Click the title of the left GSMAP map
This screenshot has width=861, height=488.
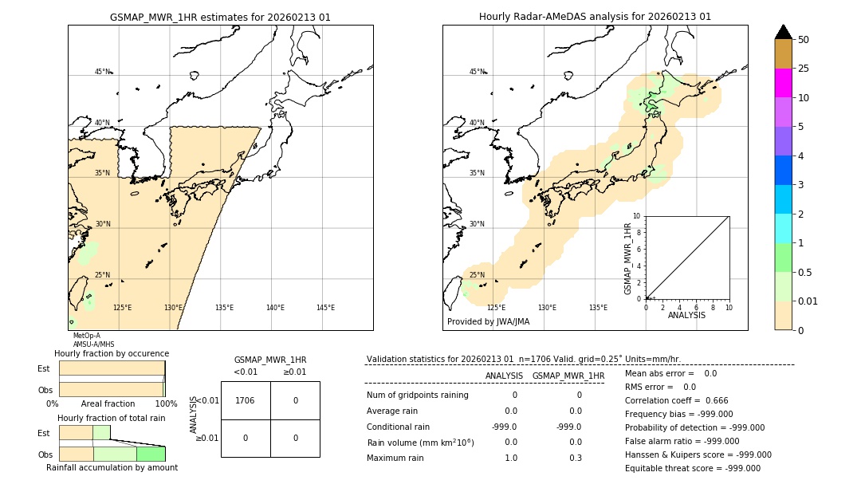pyautogui.click(x=220, y=17)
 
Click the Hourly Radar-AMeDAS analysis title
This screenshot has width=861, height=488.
pyautogui.click(x=595, y=17)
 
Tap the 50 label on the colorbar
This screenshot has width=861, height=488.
pyautogui.click(x=804, y=40)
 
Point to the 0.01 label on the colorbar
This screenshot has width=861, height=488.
pyautogui.click(x=808, y=301)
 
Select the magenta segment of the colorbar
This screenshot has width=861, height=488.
pyautogui.click(x=783, y=83)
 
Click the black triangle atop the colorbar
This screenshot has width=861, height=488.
pyautogui.click(x=783, y=32)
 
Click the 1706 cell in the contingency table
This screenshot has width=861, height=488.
pyautogui.click(x=246, y=400)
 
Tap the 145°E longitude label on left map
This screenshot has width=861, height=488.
pyautogui.click(x=325, y=308)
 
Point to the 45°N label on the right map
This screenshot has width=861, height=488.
pyautogui.click(x=476, y=72)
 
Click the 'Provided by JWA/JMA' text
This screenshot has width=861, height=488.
pyautogui.click(x=488, y=322)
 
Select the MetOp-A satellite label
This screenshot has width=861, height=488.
pyautogui.click(x=87, y=336)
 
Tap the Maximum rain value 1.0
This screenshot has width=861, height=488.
pyautogui.click(x=510, y=458)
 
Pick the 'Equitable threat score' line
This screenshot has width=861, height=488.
pyautogui.click(x=692, y=468)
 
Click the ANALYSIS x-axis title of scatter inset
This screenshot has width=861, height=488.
pyautogui.click(x=686, y=315)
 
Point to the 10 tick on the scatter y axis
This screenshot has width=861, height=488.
pyautogui.click(x=636, y=216)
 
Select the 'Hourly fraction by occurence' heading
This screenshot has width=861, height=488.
pyautogui.click(x=112, y=353)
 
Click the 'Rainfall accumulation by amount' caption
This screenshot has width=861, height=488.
pyautogui.click(x=112, y=467)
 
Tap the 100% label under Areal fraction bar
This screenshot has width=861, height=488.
pyautogui.click(x=166, y=404)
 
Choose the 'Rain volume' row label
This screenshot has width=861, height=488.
pyautogui.click(x=420, y=442)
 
